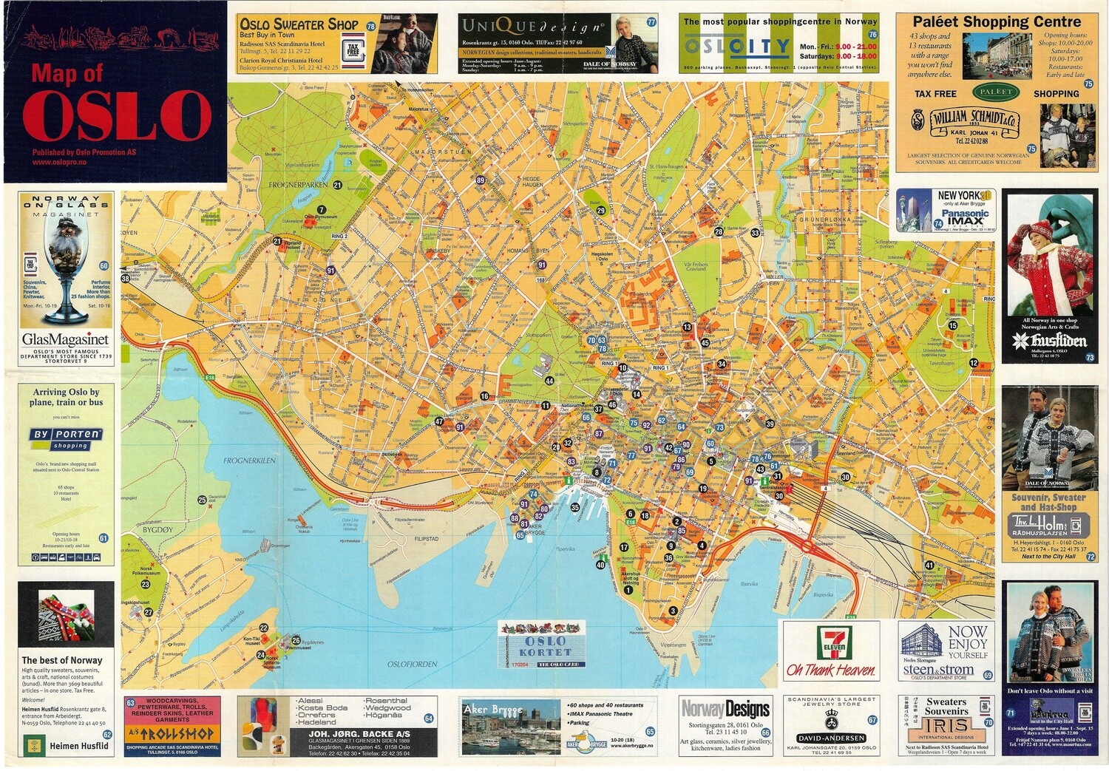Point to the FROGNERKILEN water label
249,461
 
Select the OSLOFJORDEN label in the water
412,664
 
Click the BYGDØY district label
157,529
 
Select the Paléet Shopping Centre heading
996,22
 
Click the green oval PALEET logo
995,92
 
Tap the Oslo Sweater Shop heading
299,24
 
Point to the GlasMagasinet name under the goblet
65,339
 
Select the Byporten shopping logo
66,438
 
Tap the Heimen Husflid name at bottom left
78,746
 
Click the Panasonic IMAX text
965,217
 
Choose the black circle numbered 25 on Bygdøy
202,500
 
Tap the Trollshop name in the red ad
171,734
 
